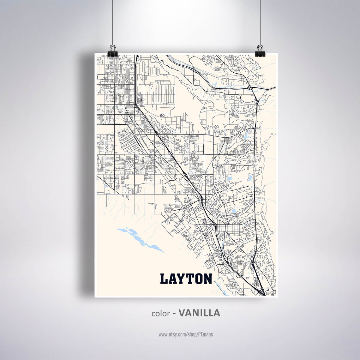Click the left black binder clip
112,51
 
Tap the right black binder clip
260,51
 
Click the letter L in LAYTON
164,279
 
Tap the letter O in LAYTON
198,279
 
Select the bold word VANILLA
199,313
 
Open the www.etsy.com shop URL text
186,334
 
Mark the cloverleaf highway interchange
251,87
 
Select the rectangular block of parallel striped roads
163,93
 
